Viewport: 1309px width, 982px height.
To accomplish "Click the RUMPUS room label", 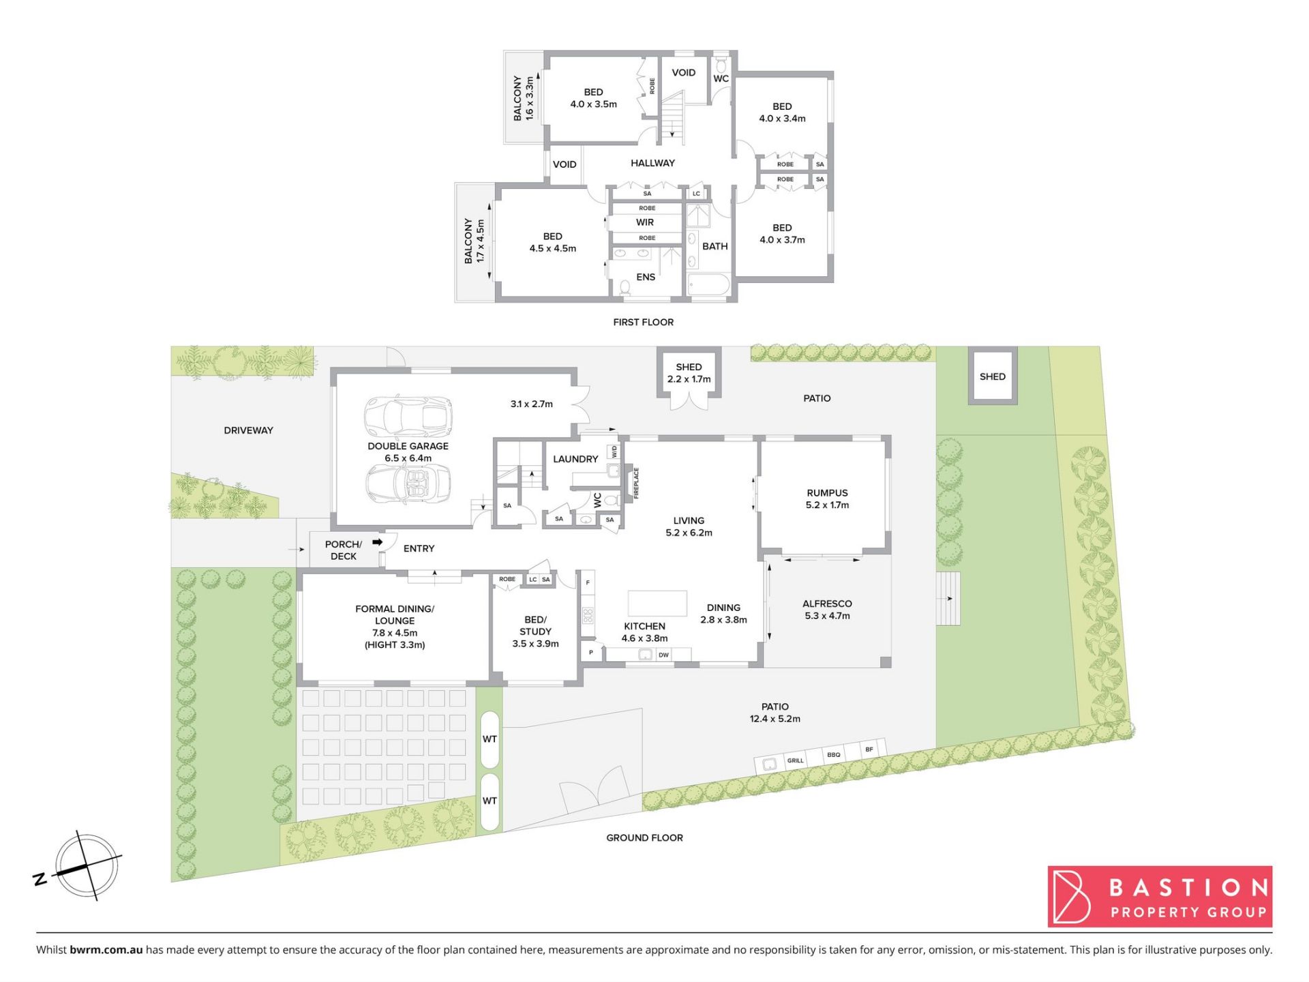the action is pyautogui.click(x=827, y=493).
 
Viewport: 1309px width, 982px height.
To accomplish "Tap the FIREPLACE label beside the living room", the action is pyautogui.click(x=636, y=483).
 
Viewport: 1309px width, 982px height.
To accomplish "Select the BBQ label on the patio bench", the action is pyautogui.click(x=833, y=755).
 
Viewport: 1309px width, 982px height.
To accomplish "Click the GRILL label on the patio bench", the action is pyautogui.click(x=796, y=760).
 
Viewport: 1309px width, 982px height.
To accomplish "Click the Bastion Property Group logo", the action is pyautogui.click(x=1160, y=897).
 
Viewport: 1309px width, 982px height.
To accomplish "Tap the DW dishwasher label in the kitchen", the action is pyautogui.click(x=663, y=655).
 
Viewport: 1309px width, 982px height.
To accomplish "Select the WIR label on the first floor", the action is pyautogui.click(x=645, y=222).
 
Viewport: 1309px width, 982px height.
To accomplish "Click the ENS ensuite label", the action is pyautogui.click(x=646, y=277).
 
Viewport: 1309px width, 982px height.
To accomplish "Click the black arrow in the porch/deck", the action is pyautogui.click(x=377, y=542).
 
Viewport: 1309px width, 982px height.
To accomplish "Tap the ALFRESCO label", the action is pyautogui.click(x=827, y=604).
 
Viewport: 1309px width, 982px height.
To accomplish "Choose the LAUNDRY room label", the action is pyautogui.click(x=575, y=459).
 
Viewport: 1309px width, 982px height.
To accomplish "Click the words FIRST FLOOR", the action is pyautogui.click(x=643, y=322).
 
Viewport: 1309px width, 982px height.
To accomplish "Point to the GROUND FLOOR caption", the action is pyautogui.click(x=644, y=837).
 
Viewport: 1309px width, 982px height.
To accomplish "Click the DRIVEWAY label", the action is pyautogui.click(x=248, y=430).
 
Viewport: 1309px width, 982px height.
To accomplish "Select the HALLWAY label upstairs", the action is pyautogui.click(x=652, y=163).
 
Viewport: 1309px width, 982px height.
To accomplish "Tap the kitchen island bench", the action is pyautogui.click(x=657, y=604).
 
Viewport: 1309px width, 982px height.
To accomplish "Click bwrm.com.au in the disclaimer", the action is pyautogui.click(x=106, y=949).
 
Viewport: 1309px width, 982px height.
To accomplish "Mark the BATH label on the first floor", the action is pyautogui.click(x=715, y=246).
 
